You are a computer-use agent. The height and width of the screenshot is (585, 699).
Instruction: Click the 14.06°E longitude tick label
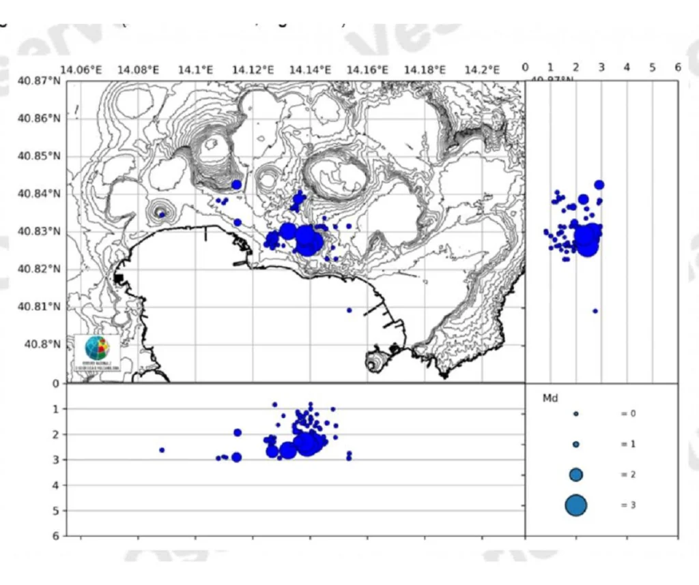(x=81, y=70)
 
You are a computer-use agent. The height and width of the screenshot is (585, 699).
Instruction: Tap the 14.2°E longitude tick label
(x=482, y=70)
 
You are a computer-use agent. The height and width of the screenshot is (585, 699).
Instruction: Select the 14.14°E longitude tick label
(x=311, y=70)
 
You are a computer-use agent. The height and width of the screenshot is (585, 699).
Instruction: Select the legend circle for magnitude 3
(x=576, y=505)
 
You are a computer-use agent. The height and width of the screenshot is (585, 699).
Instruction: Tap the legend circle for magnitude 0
(x=576, y=414)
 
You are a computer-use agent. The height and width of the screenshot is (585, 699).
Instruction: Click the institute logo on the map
(x=96, y=352)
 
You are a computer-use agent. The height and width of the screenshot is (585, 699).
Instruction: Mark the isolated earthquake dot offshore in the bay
(x=349, y=310)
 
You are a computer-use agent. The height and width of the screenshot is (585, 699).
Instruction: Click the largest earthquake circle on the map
(x=309, y=241)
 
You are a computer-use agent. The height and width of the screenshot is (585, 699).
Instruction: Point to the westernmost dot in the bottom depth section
(x=162, y=450)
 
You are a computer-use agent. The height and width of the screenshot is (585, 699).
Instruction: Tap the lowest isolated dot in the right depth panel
(x=595, y=311)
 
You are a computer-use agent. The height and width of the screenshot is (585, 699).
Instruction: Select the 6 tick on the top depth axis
(x=677, y=67)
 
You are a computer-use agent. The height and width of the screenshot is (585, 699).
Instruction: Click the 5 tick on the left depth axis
(x=56, y=511)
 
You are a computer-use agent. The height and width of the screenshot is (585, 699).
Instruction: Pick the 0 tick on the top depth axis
(x=525, y=67)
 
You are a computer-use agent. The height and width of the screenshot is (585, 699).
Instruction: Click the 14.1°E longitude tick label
(x=196, y=70)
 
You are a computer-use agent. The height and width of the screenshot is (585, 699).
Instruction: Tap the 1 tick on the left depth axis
(x=56, y=409)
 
